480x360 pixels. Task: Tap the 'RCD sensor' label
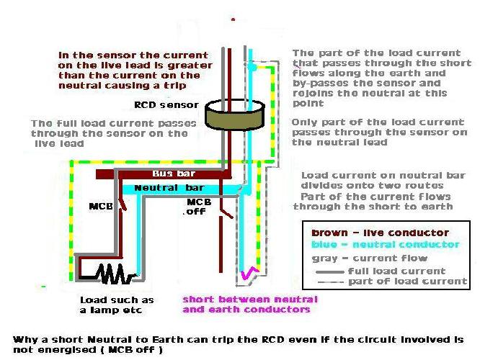(x=166, y=105)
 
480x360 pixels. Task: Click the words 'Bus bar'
(x=174, y=174)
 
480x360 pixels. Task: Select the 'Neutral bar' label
(x=169, y=188)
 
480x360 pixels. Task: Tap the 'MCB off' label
(x=197, y=207)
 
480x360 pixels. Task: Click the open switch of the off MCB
(x=226, y=213)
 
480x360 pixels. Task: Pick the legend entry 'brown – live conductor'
(x=381, y=233)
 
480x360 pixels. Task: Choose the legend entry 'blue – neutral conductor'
(x=386, y=244)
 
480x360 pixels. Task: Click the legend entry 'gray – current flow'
(x=370, y=258)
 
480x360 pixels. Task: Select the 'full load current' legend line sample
(x=330, y=271)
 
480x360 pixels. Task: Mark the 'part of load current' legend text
(x=408, y=281)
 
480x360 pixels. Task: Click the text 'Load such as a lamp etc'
(x=117, y=305)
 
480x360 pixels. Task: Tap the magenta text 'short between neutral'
(x=250, y=299)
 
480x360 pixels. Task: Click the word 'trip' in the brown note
(x=175, y=86)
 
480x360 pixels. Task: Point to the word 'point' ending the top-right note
(x=308, y=103)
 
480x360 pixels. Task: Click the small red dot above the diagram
(x=234, y=19)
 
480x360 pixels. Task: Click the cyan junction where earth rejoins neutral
(x=252, y=66)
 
